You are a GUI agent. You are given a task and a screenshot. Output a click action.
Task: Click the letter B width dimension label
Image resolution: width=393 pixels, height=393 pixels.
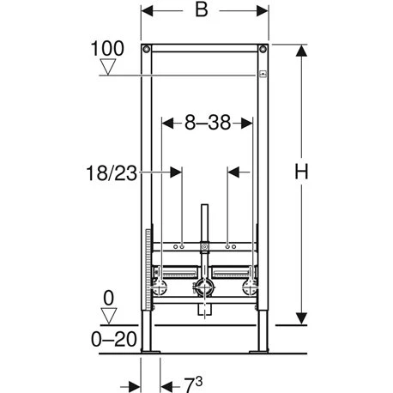click(x=203, y=12)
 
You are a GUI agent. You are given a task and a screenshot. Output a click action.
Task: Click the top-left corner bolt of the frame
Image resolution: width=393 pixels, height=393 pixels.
click(x=147, y=48)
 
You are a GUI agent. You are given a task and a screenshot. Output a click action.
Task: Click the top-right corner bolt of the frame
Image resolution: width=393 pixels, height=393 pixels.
click(x=263, y=48)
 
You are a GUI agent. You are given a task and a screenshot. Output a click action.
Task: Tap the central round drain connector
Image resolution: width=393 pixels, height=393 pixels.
click(x=204, y=289)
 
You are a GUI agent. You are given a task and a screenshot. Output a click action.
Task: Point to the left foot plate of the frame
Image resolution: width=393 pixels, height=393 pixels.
click(x=151, y=350)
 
